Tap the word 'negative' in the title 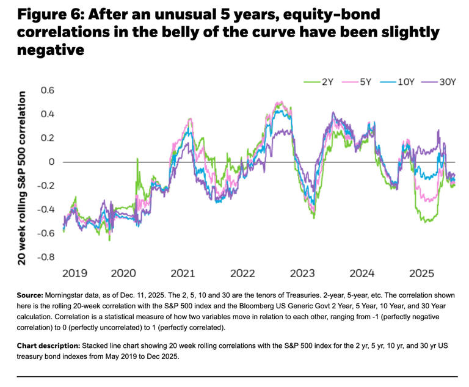[x=49, y=50]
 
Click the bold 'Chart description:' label [x=54, y=344]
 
